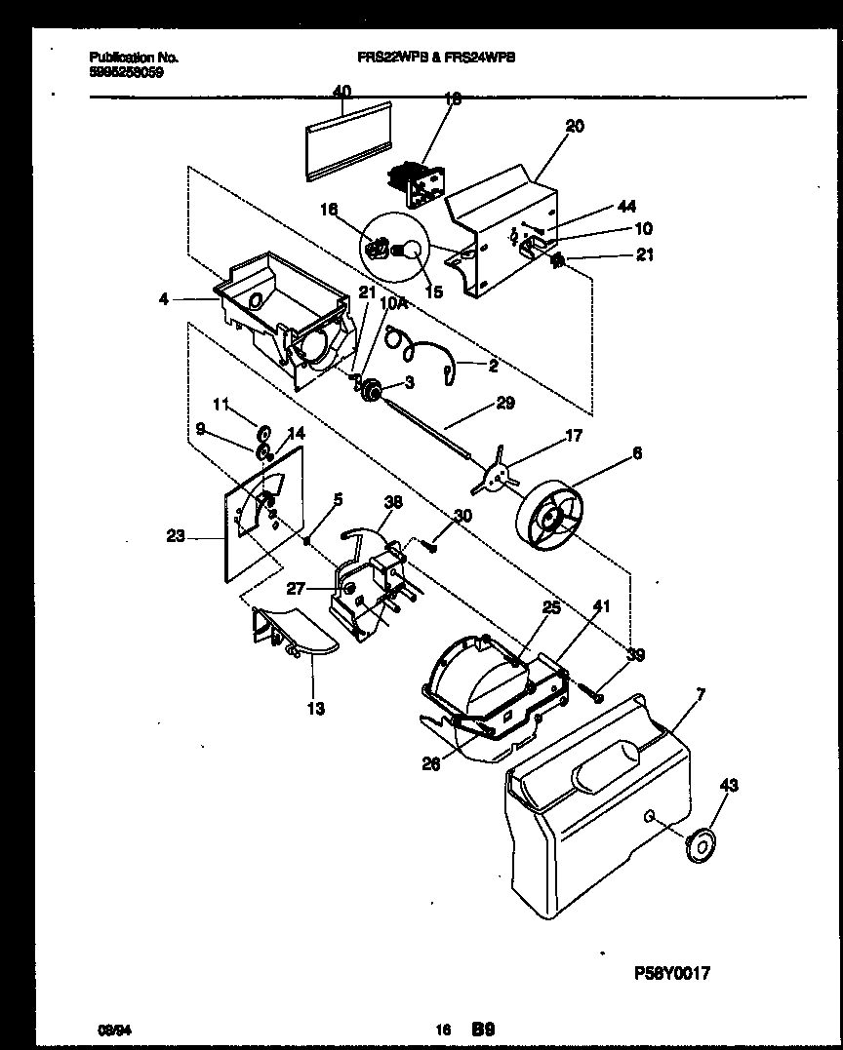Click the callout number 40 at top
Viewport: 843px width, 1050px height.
(341, 91)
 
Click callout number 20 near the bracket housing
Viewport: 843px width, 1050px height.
(575, 126)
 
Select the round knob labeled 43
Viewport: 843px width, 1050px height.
(701, 847)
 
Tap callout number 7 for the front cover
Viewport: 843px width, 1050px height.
(701, 694)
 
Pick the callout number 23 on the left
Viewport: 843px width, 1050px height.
(176, 534)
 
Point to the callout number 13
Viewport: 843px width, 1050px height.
(317, 709)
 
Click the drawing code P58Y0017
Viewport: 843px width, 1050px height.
(672, 972)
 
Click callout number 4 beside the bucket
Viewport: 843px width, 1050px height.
(163, 299)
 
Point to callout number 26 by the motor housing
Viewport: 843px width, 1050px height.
(431, 764)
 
